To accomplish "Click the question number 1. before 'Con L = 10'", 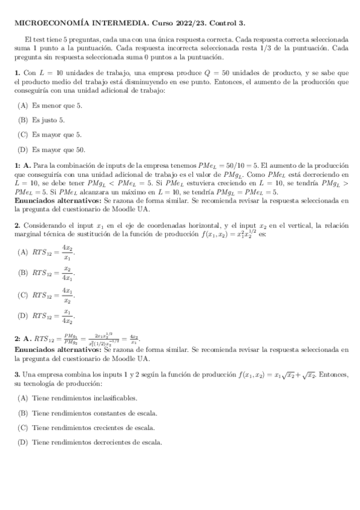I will (16, 73).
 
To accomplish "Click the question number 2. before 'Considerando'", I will (17, 224).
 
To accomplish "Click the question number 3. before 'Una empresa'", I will (17, 375).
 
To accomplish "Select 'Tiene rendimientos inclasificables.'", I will (84, 398).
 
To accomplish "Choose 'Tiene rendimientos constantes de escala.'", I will (94, 413).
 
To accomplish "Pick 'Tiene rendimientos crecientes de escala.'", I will (93, 428).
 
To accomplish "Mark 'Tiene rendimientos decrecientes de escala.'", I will (97, 443).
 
